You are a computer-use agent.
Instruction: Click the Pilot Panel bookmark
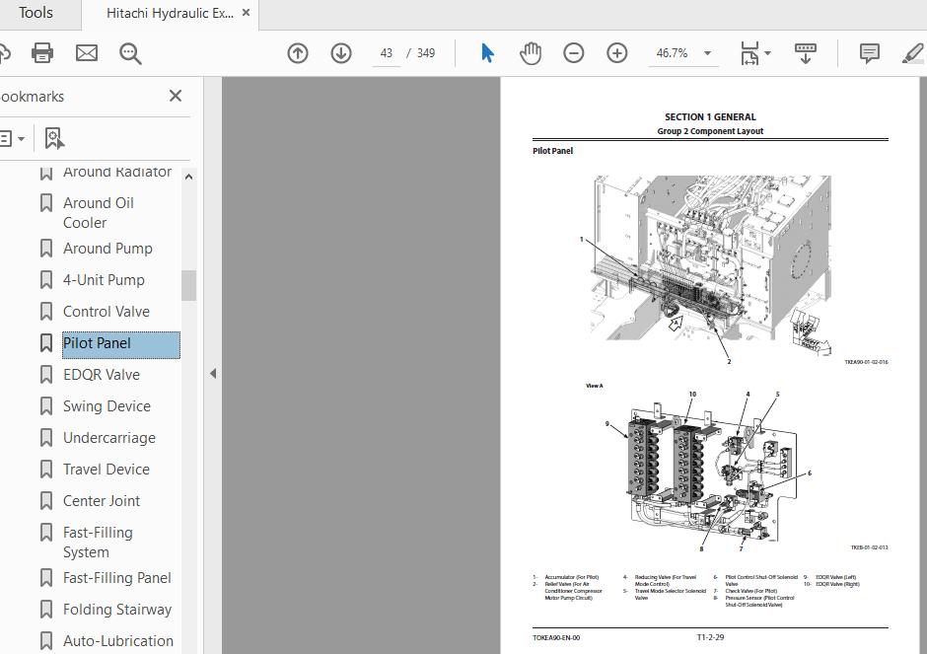pyautogui.click(x=97, y=343)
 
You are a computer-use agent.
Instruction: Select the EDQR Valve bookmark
pyautogui.click(x=102, y=375)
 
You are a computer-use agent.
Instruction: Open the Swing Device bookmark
pyautogui.click(x=107, y=406)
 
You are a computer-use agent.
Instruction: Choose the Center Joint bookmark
pyautogui.click(x=102, y=501)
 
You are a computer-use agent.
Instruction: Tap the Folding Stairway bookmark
pyautogui.click(x=116, y=610)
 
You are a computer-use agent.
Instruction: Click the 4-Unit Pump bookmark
pyautogui.click(x=104, y=280)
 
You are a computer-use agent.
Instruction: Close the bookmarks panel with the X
pyautogui.click(x=176, y=96)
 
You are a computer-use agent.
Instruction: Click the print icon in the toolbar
pyautogui.click(x=42, y=53)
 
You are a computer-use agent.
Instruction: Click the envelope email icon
pyautogui.click(x=87, y=53)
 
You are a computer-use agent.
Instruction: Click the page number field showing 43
pyautogui.click(x=387, y=53)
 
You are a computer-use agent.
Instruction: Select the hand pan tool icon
pyautogui.click(x=531, y=53)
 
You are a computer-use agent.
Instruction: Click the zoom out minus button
pyautogui.click(x=574, y=53)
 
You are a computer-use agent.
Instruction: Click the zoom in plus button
pyautogui.click(x=617, y=53)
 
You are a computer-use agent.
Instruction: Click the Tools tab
pyautogui.click(x=36, y=13)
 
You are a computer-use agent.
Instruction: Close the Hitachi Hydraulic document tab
pyautogui.click(x=247, y=13)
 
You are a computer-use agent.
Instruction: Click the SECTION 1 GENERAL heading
pyautogui.click(x=710, y=116)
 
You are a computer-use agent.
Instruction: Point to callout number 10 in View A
pyautogui.click(x=692, y=394)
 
